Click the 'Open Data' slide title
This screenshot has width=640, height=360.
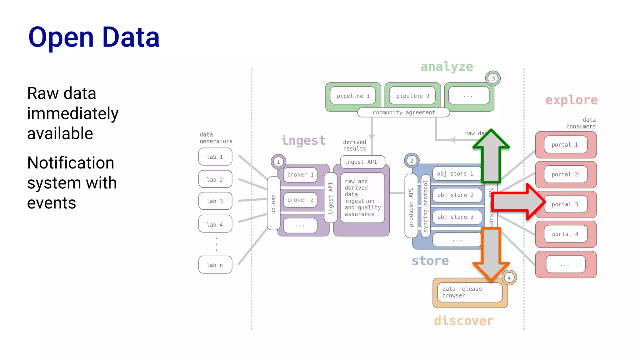point(94,37)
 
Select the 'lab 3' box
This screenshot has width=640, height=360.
point(215,201)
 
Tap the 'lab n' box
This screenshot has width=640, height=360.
point(215,265)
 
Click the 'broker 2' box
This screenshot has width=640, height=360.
point(300,200)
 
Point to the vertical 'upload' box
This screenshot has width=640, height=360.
point(273,203)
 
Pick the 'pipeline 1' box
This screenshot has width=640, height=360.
point(353,96)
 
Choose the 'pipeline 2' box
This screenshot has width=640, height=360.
point(412,96)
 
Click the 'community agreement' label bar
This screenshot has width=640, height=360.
point(403,112)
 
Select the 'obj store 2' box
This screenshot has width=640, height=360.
point(456,195)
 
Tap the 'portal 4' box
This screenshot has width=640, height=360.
point(565,234)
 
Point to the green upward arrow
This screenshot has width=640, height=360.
point(491,156)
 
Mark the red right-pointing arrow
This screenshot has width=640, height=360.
point(519,202)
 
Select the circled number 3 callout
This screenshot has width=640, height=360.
point(493,78)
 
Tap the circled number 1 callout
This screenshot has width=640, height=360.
point(278,162)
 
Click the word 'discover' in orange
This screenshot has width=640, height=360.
point(463,321)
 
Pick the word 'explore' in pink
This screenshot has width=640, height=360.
point(571,100)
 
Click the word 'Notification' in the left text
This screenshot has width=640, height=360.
point(71,163)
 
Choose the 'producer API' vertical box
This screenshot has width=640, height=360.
point(411,207)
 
